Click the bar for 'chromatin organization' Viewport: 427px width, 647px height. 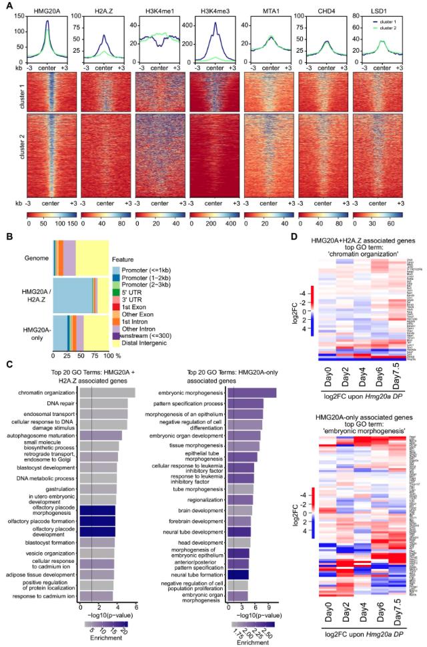[107, 393]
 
